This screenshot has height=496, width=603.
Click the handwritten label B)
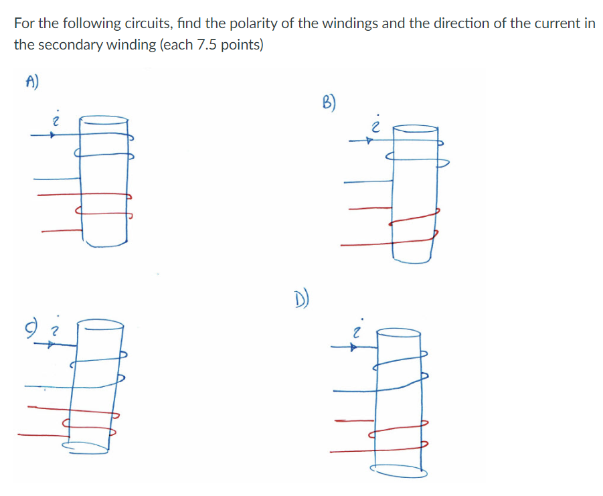(329, 104)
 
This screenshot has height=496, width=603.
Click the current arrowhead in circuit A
(50, 135)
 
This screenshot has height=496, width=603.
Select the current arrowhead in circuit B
(367, 141)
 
